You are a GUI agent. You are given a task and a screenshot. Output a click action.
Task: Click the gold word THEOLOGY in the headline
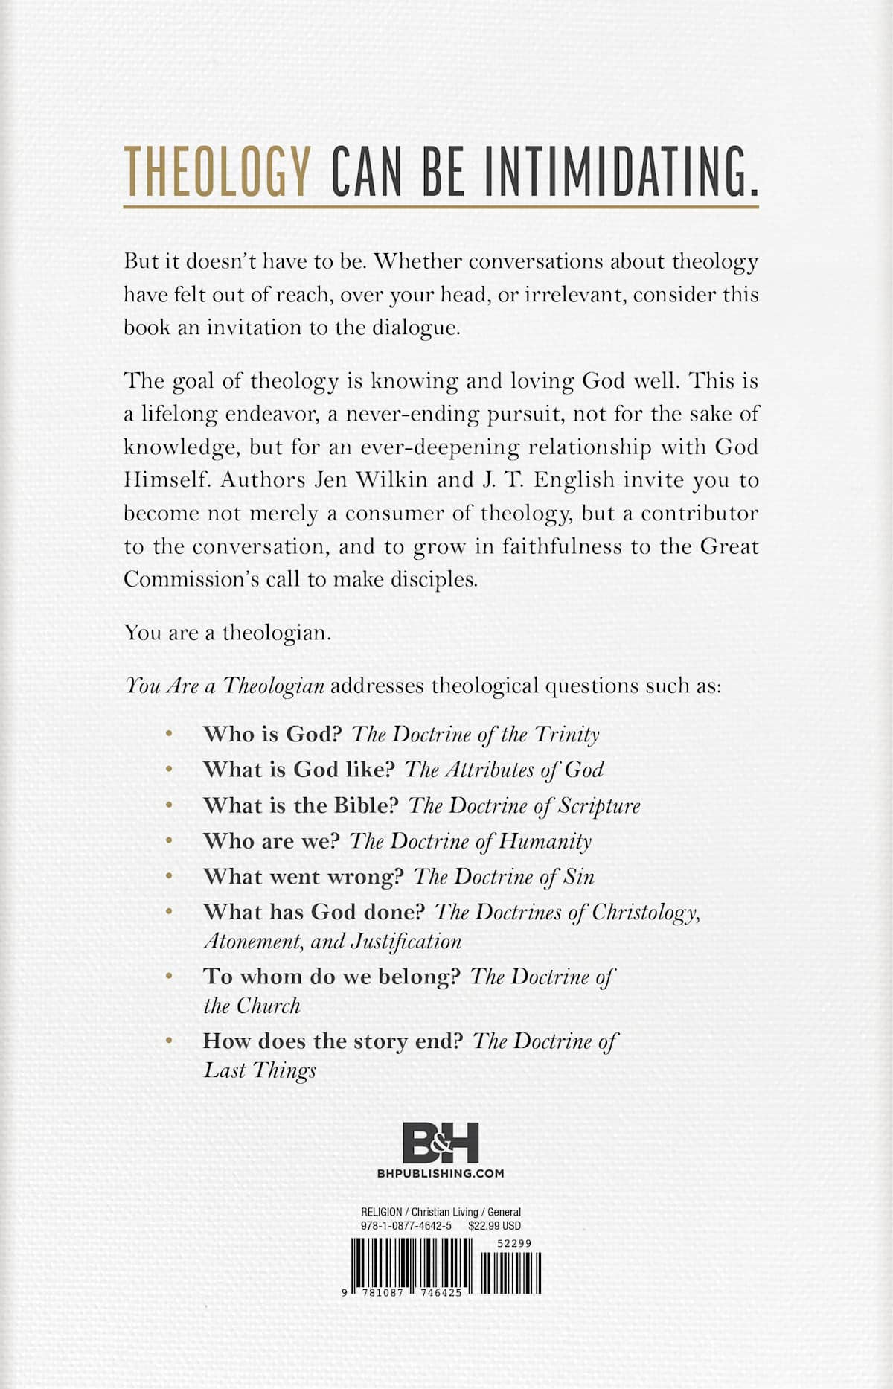pyautogui.click(x=217, y=172)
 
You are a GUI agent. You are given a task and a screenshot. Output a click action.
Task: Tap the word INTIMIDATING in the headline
pyautogui.click(x=617, y=172)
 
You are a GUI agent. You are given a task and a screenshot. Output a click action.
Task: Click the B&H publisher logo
pyautogui.click(x=441, y=1143)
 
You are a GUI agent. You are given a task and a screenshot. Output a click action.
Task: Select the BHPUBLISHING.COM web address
pyautogui.click(x=441, y=1174)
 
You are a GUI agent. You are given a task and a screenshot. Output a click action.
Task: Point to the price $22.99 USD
pyautogui.click(x=495, y=1225)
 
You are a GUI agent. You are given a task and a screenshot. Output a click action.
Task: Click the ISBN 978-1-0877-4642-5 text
pyautogui.click(x=406, y=1225)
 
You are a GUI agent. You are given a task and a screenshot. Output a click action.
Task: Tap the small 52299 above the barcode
pyautogui.click(x=514, y=1243)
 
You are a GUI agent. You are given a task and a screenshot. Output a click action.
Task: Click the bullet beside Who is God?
pyautogui.click(x=170, y=734)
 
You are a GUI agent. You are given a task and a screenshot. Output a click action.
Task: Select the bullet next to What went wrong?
pyautogui.click(x=170, y=877)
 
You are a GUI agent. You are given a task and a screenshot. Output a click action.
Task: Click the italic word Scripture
pyautogui.click(x=599, y=806)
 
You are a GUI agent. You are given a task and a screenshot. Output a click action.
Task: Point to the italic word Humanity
pyautogui.click(x=545, y=842)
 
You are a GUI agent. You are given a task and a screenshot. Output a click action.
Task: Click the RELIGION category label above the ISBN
pyautogui.click(x=381, y=1212)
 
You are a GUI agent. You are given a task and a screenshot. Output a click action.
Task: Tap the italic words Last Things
pyautogui.click(x=260, y=1070)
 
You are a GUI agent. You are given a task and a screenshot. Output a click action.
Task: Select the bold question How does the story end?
pyautogui.click(x=333, y=1041)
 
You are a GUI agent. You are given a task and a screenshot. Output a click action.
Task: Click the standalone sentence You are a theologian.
pyautogui.click(x=227, y=633)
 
